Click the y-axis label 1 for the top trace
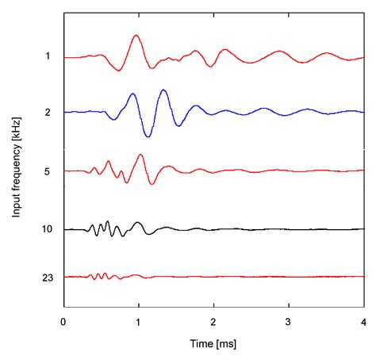pyautogui.click(x=48, y=56)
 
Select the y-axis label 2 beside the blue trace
pyautogui.click(x=48, y=113)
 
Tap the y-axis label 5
pyautogui.click(x=48, y=170)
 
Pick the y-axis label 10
pyautogui.click(x=46, y=229)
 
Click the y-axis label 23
pyautogui.click(x=46, y=277)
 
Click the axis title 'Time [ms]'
pyautogui.click(x=213, y=344)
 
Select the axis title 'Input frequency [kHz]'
pyautogui.click(x=16, y=170)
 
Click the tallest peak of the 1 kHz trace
pyautogui.click(x=136, y=36)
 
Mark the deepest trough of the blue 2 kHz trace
pyautogui.click(x=148, y=136)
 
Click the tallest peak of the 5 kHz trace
pyautogui.click(x=141, y=155)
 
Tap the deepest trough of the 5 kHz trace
pyautogui.click(x=152, y=184)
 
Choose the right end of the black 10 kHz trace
pyautogui.click(x=363, y=229)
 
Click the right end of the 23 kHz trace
pyautogui.click(x=363, y=276)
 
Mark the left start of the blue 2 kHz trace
pyautogui.click(x=64, y=113)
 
